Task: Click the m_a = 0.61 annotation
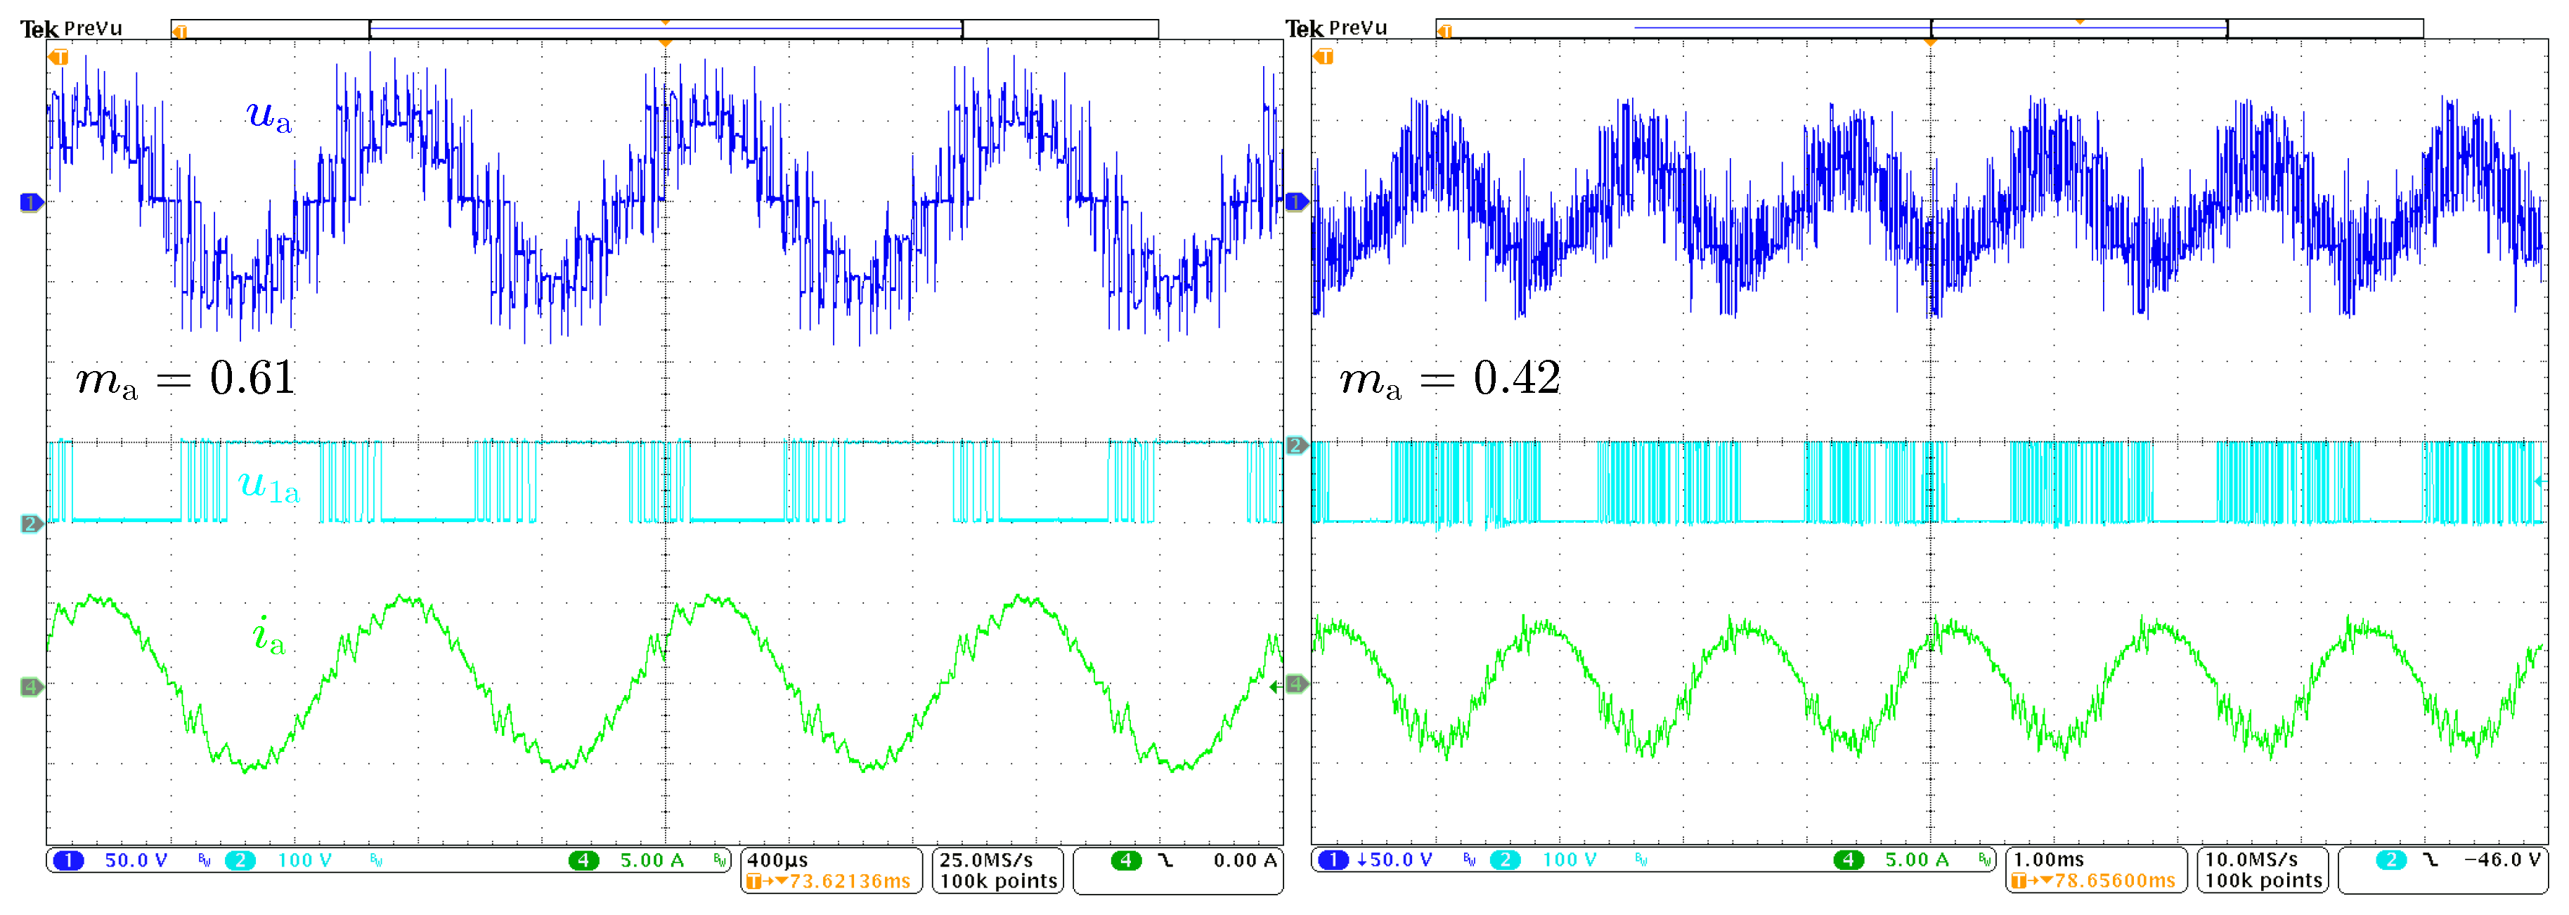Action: click(186, 379)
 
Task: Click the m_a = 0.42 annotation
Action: click(1450, 379)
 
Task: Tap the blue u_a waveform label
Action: click(269, 117)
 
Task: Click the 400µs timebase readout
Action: click(778, 860)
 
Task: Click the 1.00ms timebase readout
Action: click(2048, 860)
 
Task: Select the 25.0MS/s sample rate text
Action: click(985, 860)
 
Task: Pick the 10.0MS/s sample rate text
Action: click(2251, 860)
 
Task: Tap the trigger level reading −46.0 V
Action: click(2502, 860)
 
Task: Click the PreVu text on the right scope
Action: click(1358, 29)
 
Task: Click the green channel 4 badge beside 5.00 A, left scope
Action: click(583, 860)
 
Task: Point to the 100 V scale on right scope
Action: click(1569, 860)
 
